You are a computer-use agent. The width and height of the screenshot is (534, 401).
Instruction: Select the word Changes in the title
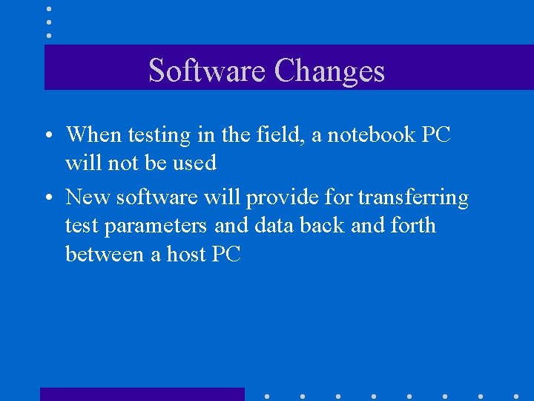[x=329, y=71]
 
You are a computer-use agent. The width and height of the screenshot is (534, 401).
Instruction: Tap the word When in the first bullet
[x=93, y=134]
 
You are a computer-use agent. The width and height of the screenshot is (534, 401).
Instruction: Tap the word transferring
[x=413, y=198]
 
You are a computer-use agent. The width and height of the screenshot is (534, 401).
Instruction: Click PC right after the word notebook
[x=435, y=134]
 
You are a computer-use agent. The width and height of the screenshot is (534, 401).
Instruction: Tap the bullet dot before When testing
[x=47, y=137]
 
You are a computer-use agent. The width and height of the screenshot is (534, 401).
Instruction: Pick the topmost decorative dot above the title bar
[x=49, y=9]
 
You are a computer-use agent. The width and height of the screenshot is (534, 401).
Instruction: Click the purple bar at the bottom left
[x=142, y=394]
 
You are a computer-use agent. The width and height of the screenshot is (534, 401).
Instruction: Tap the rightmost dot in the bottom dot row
[x=516, y=396]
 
